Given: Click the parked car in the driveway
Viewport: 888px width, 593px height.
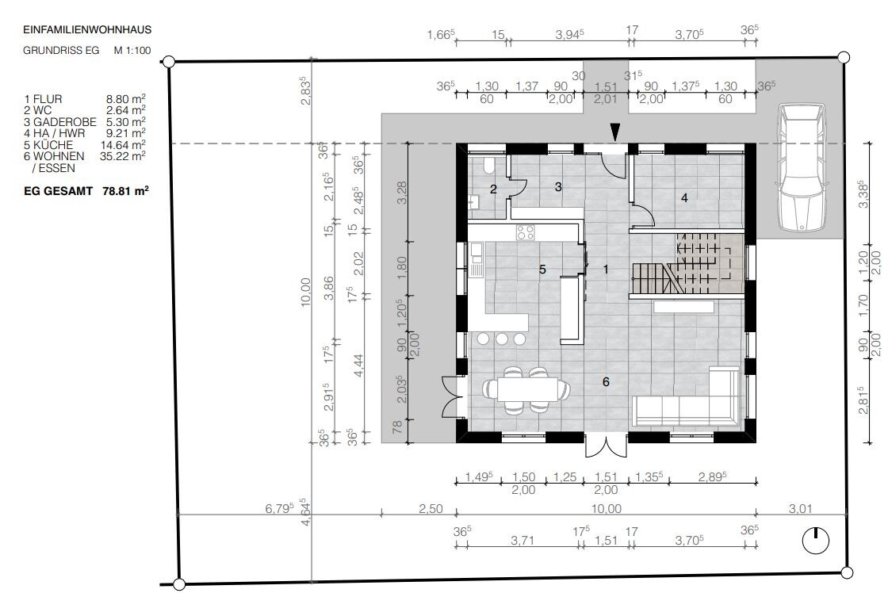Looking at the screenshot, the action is (x=801, y=167).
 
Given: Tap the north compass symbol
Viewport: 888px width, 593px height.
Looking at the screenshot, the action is (x=816, y=540).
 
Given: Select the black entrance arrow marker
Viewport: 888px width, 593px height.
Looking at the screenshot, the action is (x=615, y=132).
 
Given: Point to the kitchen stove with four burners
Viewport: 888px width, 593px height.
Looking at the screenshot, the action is (x=525, y=232).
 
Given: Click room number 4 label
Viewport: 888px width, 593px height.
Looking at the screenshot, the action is (x=685, y=197).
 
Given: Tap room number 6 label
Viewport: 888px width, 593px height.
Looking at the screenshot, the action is (x=606, y=382).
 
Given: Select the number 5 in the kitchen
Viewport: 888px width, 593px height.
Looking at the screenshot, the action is (x=542, y=270).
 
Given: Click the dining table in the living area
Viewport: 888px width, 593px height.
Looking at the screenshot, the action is (x=526, y=390).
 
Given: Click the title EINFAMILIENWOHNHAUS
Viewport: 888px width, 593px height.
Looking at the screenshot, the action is (x=87, y=29).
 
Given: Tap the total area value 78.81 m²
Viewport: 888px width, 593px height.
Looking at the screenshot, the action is (x=126, y=191).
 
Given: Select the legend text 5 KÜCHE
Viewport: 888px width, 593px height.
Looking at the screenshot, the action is (x=48, y=145).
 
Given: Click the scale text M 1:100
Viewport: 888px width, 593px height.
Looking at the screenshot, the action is (x=132, y=51).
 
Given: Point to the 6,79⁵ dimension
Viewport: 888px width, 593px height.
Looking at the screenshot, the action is (x=279, y=508).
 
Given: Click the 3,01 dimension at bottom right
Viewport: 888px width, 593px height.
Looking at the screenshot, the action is (x=800, y=509).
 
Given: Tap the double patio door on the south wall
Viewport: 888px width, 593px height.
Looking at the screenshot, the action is (x=606, y=446).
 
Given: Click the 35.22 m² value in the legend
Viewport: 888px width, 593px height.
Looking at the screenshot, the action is (x=123, y=156).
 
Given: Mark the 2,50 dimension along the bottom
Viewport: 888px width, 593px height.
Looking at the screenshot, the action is (x=431, y=509).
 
